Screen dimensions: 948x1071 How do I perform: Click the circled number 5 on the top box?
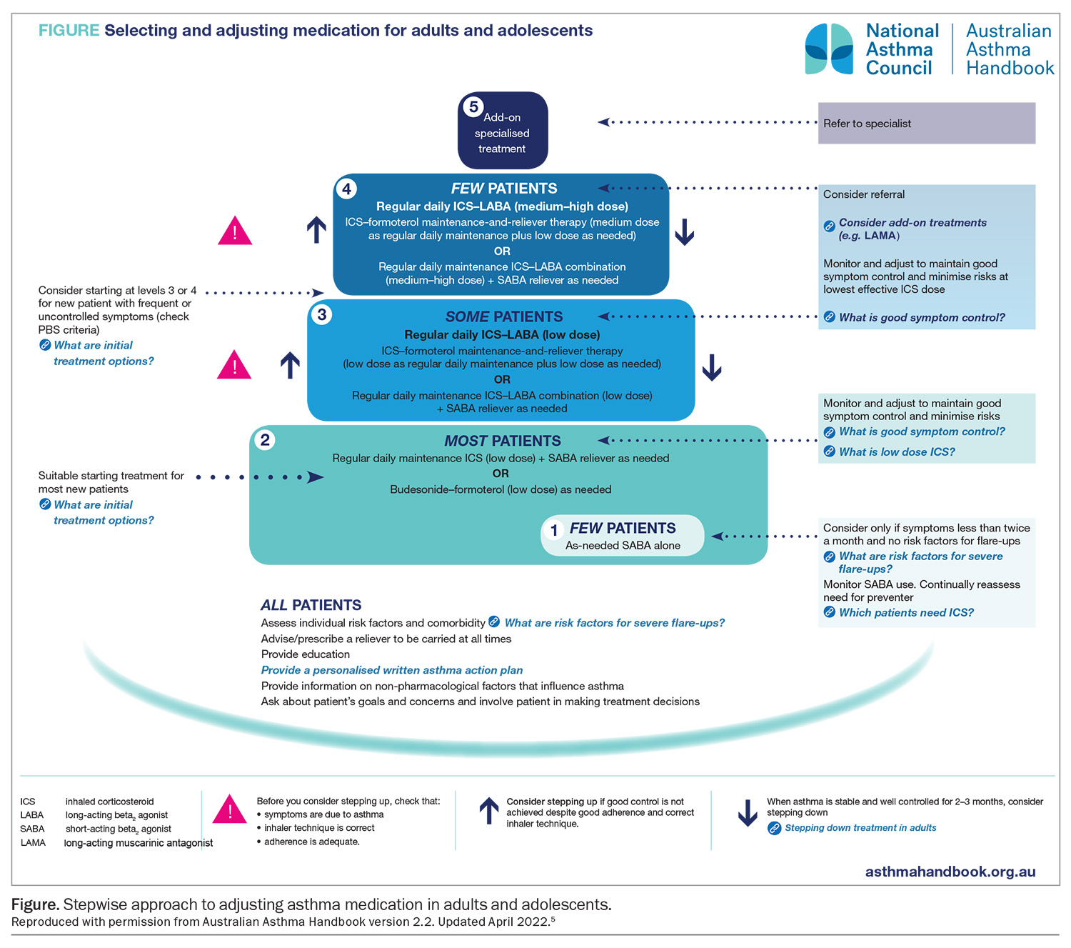(473, 106)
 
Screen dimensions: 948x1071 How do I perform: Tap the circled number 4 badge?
(346, 189)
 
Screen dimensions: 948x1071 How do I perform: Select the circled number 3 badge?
(322, 314)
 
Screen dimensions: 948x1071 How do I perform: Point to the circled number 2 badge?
(265, 439)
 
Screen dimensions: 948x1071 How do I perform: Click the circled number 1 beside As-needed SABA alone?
(554, 531)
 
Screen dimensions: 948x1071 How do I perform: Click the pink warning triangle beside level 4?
(235, 231)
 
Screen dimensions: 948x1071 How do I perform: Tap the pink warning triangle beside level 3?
(234, 365)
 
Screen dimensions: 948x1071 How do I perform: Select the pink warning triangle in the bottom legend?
(230, 810)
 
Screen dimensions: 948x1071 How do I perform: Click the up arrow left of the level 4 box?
(316, 230)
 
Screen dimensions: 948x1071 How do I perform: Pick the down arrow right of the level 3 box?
(711, 367)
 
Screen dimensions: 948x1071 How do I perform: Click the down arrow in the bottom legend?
(748, 813)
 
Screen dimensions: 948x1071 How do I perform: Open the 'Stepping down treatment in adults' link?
(860, 828)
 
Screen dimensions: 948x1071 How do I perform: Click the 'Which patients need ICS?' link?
(905, 612)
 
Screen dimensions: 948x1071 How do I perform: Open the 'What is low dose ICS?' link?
(896, 451)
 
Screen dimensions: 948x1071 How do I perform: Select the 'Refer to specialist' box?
(926, 123)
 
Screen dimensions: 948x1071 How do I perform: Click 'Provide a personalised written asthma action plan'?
(392, 670)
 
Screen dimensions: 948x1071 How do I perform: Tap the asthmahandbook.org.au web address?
(950, 872)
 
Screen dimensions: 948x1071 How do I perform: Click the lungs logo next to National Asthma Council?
(829, 49)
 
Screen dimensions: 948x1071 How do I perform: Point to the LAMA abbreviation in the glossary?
(33, 843)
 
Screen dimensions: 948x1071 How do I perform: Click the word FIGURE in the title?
(69, 30)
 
